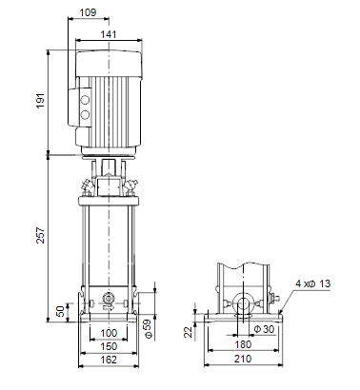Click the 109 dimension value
[88, 12]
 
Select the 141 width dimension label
[109, 34]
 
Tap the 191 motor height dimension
[41, 101]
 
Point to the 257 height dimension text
[41, 235]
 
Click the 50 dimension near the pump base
[61, 311]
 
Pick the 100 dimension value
[109, 333]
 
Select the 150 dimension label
[109, 346]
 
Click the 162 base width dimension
[109, 360]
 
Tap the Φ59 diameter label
[148, 328]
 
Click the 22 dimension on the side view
[189, 332]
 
